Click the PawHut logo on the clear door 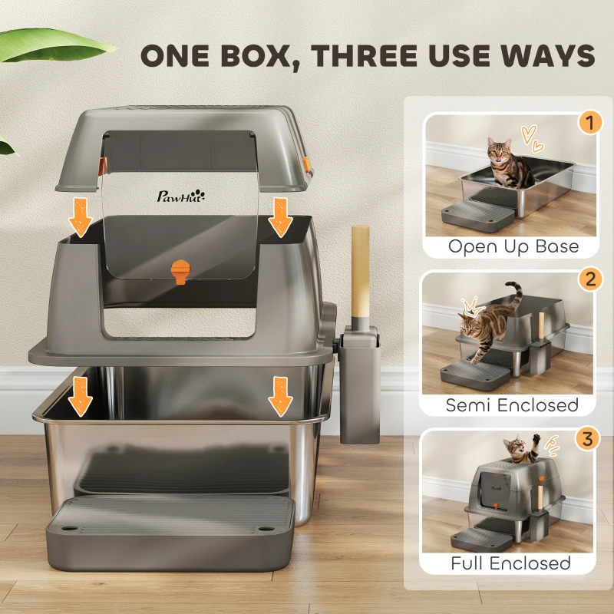[x=181, y=196]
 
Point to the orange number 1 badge [x=589, y=123]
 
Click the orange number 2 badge [x=590, y=279]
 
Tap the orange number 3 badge [x=587, y=438]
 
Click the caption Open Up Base [x=513, y=246]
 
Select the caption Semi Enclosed [x=512, y=405]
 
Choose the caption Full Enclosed [x=510, y=563]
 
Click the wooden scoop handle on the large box [x=360, y=272]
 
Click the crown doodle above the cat [x=473, y=306]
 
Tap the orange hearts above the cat [x=532, y=139]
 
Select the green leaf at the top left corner [x=54, y=45]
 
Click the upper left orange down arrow [x=81, y=217]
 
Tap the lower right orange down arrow [x=280, y=396]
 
